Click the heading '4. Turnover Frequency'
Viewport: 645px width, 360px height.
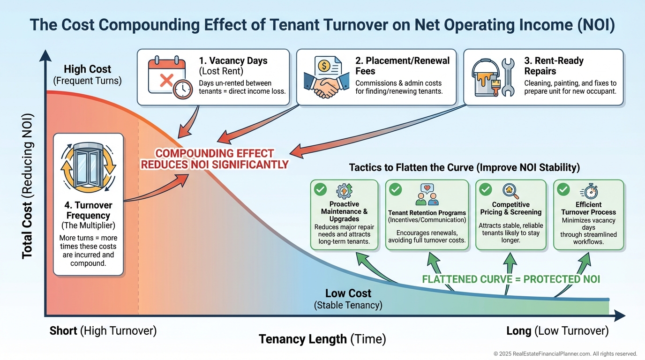(88, 210)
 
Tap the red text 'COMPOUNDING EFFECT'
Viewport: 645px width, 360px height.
(215, 154)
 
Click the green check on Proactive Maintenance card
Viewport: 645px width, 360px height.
(321, 189)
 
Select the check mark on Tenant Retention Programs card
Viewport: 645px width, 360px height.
(396, 189)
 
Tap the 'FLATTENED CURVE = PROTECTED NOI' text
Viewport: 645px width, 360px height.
(511, 279)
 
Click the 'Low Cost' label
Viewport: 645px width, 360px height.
(348, 293)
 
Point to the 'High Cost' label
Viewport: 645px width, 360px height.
(88, 69)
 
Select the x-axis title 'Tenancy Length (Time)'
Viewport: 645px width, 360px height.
(322, 339)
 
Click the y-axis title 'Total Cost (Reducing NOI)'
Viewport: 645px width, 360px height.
(28, 186)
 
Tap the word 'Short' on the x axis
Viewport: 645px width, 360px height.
(63, 331)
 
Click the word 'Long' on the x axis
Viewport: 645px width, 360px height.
(518, 331)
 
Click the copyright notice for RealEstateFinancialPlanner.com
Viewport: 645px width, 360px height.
(565, 354)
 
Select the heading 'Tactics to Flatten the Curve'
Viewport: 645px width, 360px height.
(465, 167)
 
